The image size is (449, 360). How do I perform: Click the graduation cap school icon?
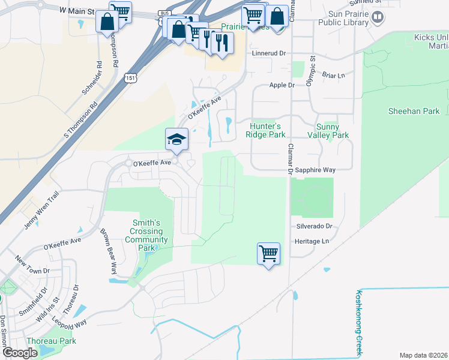click(176, 140)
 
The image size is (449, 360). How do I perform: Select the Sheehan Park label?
click(414, 111)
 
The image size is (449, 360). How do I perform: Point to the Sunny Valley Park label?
click(332, 131)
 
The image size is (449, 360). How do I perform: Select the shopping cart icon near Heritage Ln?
click(268, 253)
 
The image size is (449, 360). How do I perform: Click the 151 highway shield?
click(131, 78)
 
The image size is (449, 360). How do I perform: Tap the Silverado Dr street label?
click(313, 226)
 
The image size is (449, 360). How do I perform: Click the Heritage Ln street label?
click(312, 241)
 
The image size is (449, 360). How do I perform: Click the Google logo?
click(20, 353)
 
